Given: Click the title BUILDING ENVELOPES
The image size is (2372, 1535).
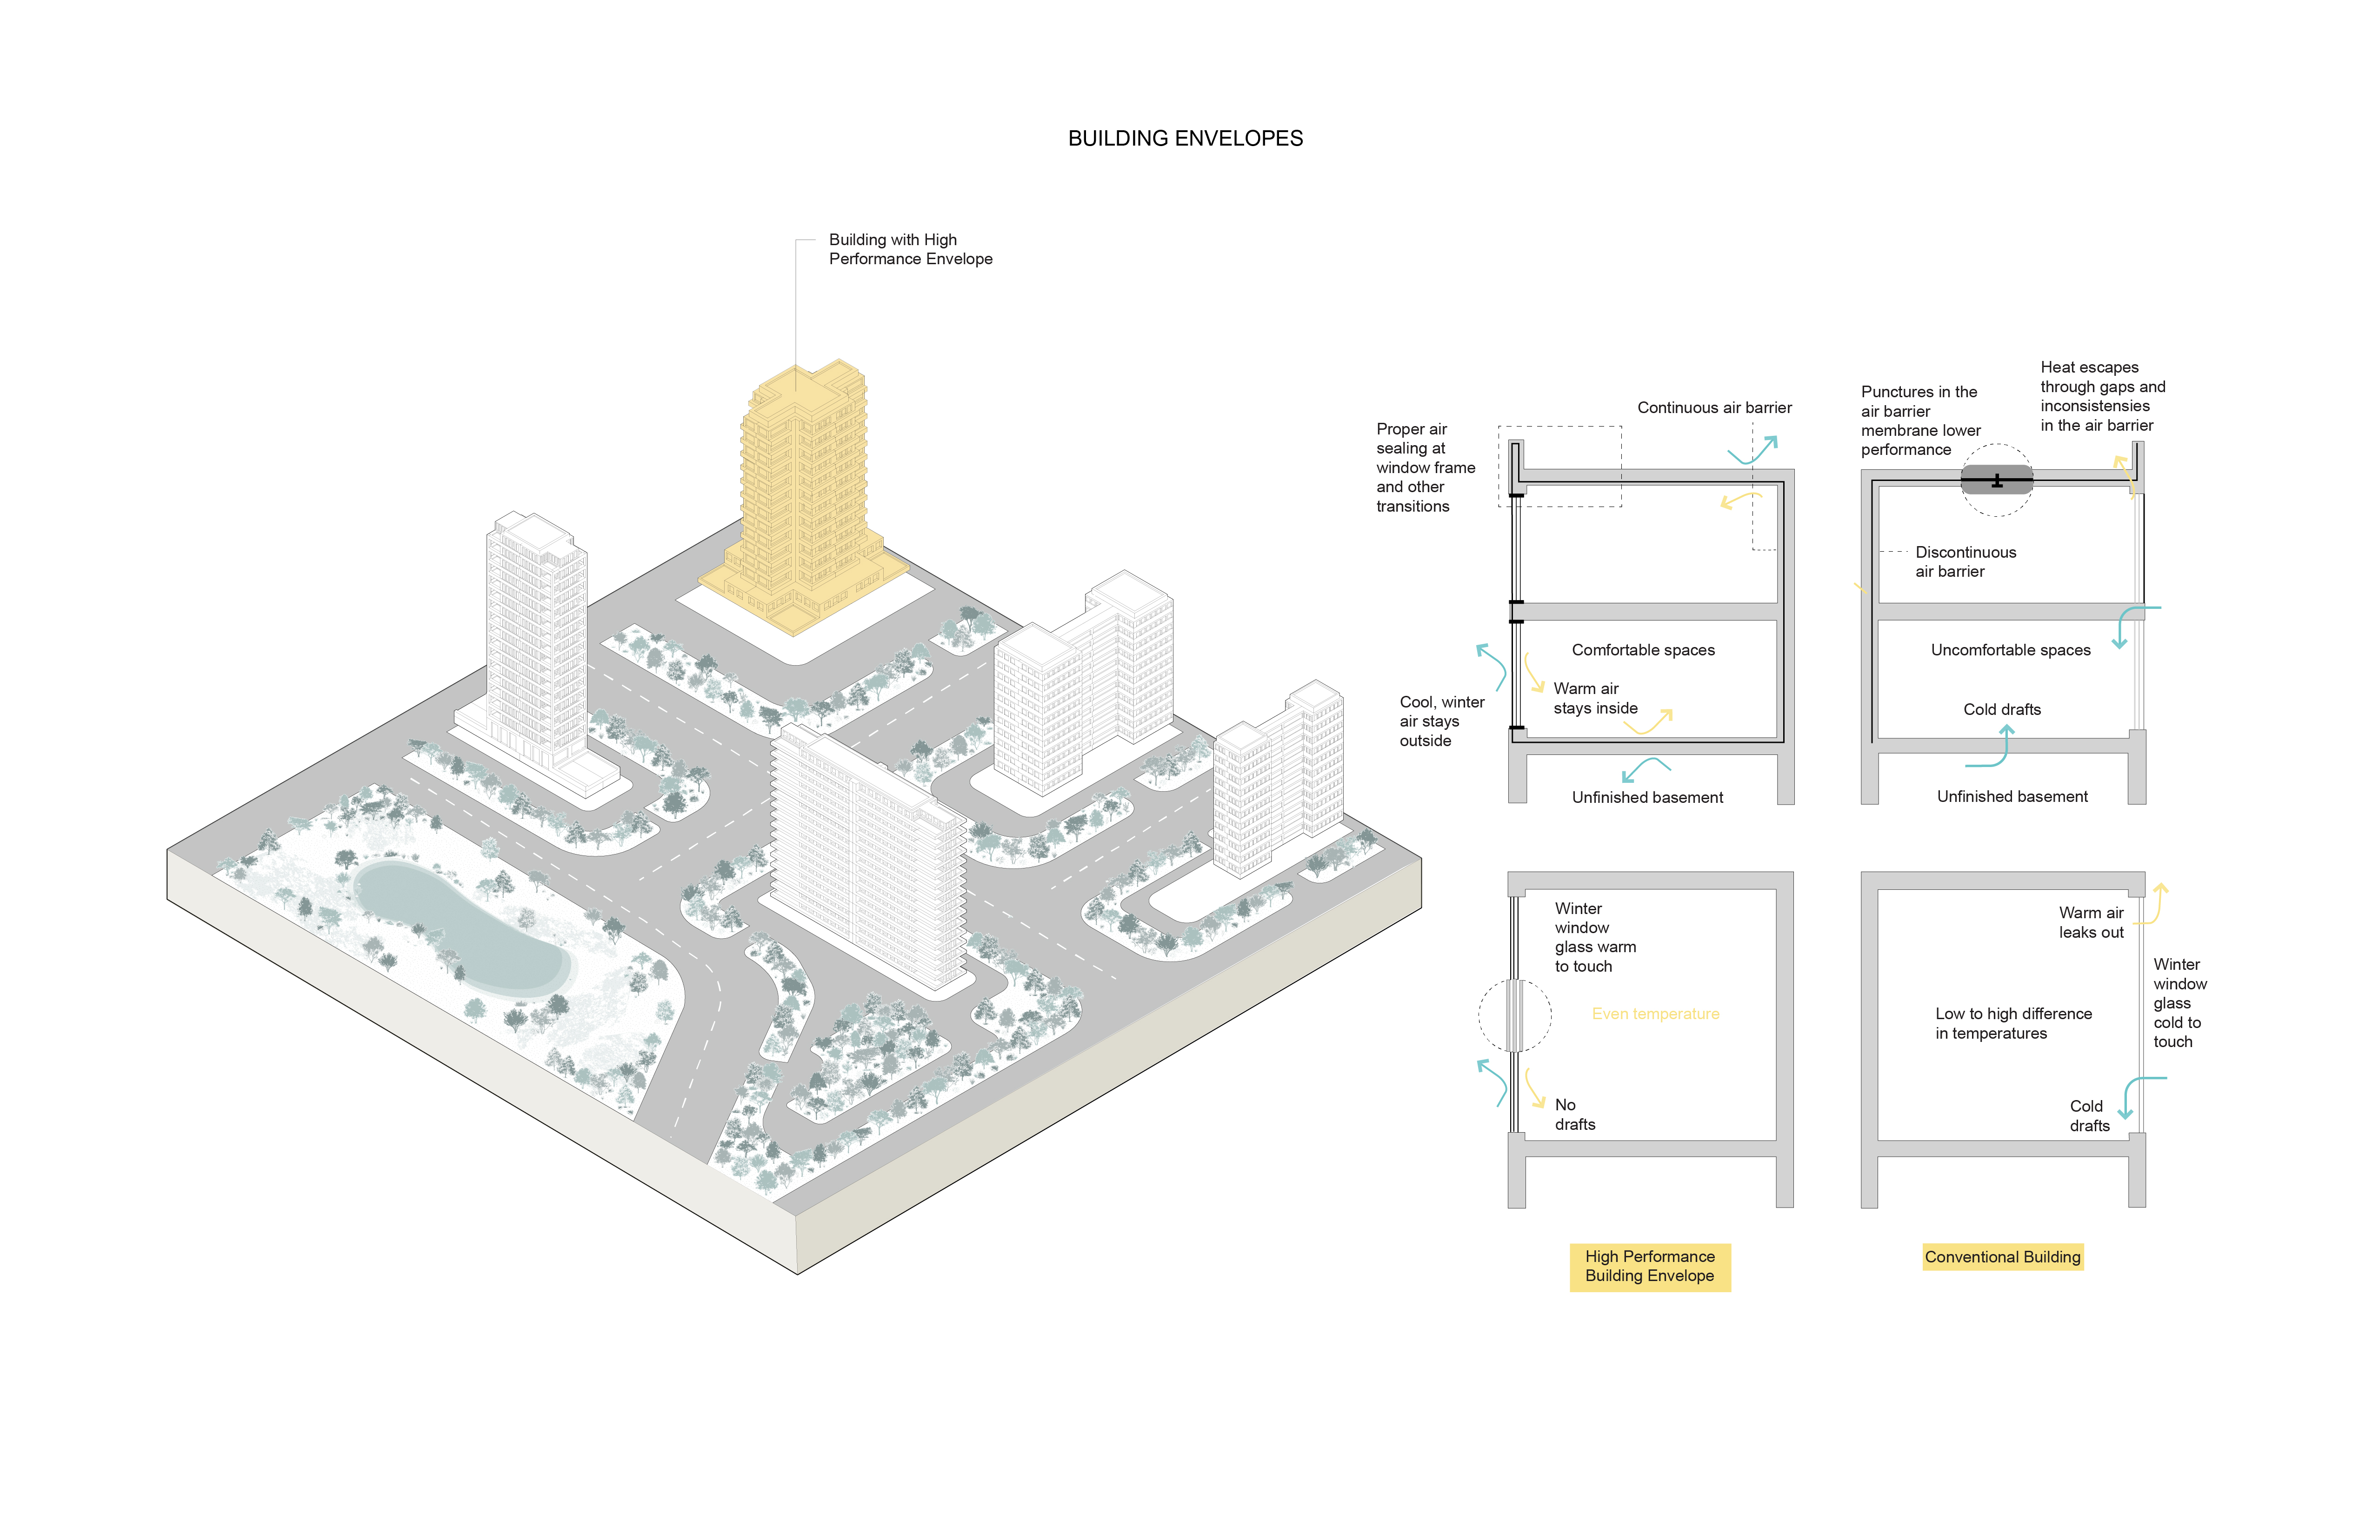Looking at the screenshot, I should pos(1185,139).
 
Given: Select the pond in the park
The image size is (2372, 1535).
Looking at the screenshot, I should pos(459,927).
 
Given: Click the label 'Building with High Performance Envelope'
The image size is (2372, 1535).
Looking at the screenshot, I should pos(910,249).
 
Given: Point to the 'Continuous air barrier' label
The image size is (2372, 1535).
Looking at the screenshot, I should pos(1714,407).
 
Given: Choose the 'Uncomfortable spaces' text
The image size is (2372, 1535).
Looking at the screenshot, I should pos(2010,650).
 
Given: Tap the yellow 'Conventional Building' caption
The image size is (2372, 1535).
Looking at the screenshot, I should pos(2002,1257).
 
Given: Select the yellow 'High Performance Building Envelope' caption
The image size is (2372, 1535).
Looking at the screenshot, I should pos(1649,1266).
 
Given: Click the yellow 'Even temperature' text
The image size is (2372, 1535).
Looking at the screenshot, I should pos(1655,1014).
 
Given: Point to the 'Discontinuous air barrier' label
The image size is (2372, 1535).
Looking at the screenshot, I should pos(1965,561).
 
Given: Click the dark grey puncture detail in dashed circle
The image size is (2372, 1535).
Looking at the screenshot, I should pos(1996,481).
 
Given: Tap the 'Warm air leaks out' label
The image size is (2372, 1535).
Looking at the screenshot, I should pos(2091,922).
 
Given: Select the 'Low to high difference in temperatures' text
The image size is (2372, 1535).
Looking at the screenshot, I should pos(2013,1024).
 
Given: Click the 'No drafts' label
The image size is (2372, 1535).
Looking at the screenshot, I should pos(1575,1115).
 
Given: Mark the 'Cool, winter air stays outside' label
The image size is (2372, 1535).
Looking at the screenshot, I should pos(1441,721).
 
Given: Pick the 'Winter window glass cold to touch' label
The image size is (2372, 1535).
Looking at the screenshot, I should pos(2179,1003).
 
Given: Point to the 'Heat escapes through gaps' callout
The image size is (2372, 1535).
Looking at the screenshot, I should pos(2102,396).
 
